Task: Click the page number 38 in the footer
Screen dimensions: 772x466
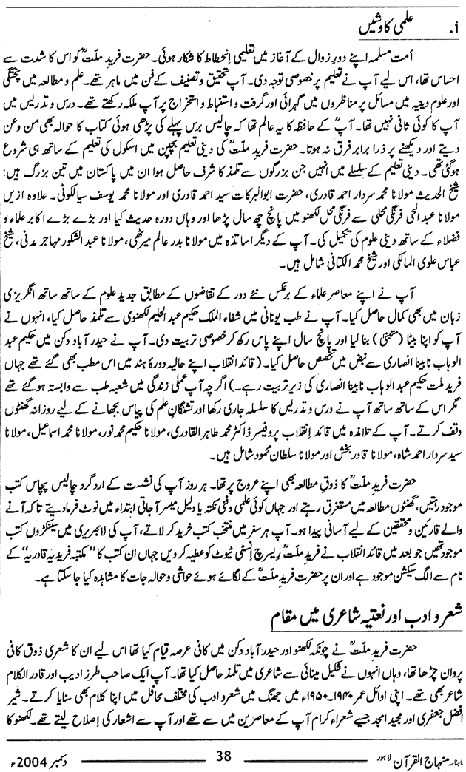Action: click(x=224, y=756)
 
